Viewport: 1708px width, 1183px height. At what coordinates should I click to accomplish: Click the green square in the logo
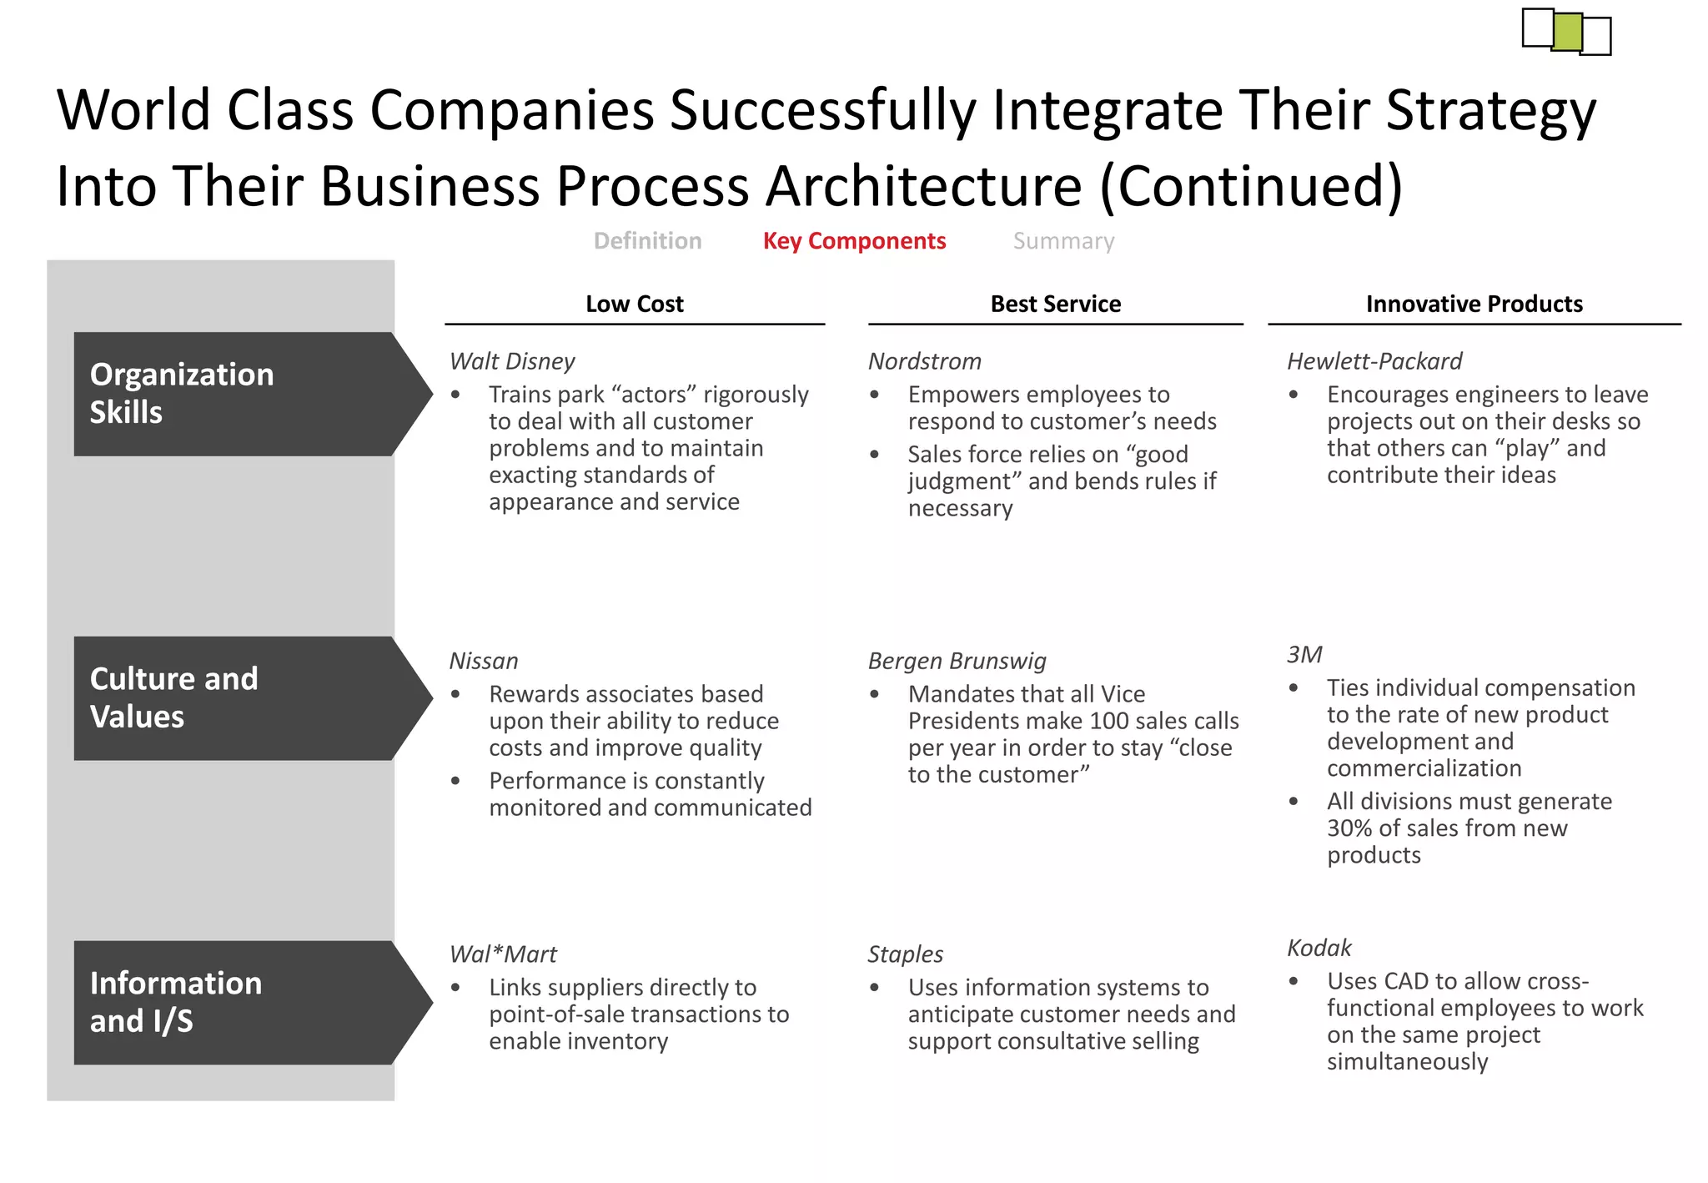(x=1567, y=32)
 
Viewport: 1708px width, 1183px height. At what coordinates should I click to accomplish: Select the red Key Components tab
(x=854, y=241)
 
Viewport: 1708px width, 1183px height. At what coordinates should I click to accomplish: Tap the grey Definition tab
(x=647, y=241)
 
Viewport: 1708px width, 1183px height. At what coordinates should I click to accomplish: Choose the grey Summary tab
(x=1063, y=241)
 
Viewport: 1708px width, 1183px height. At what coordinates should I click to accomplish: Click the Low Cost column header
(x=634, y=304)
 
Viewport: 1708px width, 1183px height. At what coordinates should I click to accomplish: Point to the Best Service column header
(x=1055, y=304)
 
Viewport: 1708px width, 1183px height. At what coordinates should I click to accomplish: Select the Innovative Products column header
(x=1474, y=304)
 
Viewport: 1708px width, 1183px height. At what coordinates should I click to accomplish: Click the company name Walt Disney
(x=512, y=361)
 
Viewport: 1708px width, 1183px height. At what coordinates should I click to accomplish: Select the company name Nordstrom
(x=924, y=361)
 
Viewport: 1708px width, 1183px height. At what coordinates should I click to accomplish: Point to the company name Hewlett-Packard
(x=1374, y=361)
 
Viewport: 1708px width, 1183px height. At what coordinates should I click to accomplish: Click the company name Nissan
(x=484, y=661)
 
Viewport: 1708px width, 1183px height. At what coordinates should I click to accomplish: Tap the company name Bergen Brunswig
(x=957, y=661)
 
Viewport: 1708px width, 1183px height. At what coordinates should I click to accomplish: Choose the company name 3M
(x=1304, y=655)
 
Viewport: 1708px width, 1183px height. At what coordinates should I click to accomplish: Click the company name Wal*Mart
(x=503, y=954)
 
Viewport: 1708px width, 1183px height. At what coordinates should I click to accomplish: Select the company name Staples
(x=905, y=954)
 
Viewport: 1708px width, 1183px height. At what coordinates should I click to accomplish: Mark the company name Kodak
(x=1319, y=948)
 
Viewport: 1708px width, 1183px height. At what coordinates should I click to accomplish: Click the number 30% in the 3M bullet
(x=1349, y=828)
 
